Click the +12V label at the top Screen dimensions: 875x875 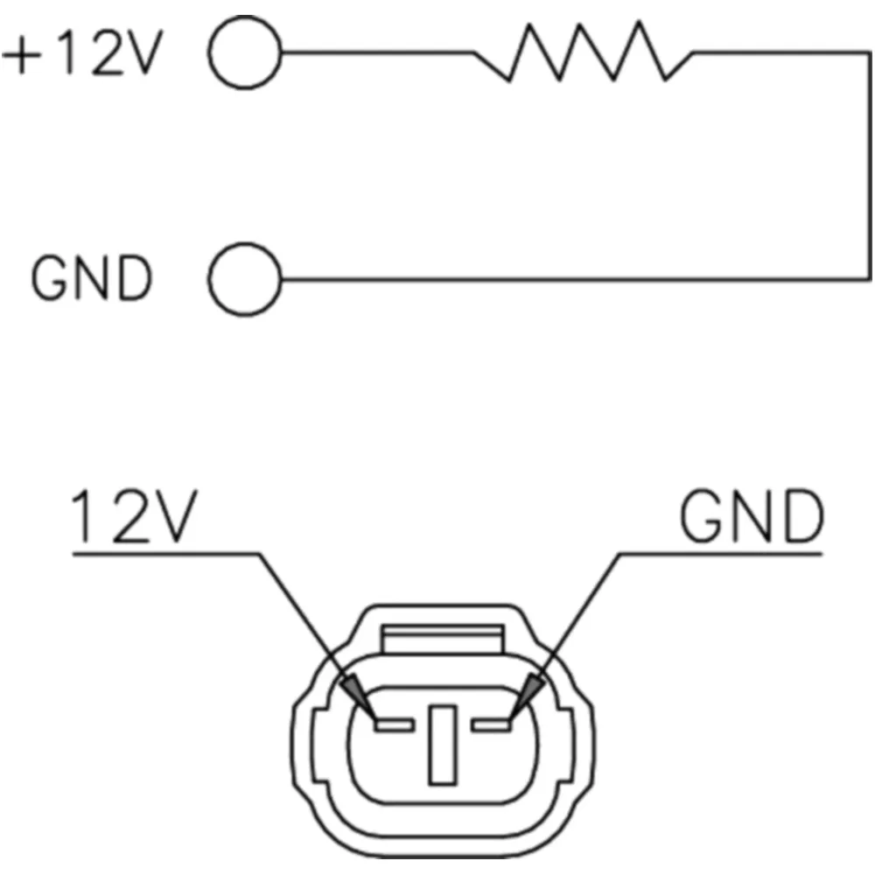(x=82, y=52)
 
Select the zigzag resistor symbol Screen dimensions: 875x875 (x=583, y=52)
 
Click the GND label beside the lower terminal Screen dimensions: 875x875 (x=92, y=278)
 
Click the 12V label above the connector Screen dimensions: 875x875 (x=134, y=515)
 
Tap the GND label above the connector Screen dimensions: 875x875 (x=752, y=515)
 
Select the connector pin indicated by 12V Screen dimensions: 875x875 (x=395, y=724)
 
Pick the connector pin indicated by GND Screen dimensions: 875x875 (x=491, y=724)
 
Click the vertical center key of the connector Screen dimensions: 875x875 (x=443, y=745)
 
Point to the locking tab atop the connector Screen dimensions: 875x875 (x=443, y=639)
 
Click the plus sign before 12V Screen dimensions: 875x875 (x=22, y=54)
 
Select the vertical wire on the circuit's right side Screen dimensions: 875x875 (x=870, y=165)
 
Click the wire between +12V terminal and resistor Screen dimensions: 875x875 (x=378, y=52)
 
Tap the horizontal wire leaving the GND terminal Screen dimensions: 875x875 (x=575, y=278)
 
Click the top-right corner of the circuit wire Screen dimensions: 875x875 (x=870, y=53)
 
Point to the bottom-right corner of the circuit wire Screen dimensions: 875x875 (x=870, y=278)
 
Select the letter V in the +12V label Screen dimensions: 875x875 (x=145, y=52)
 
